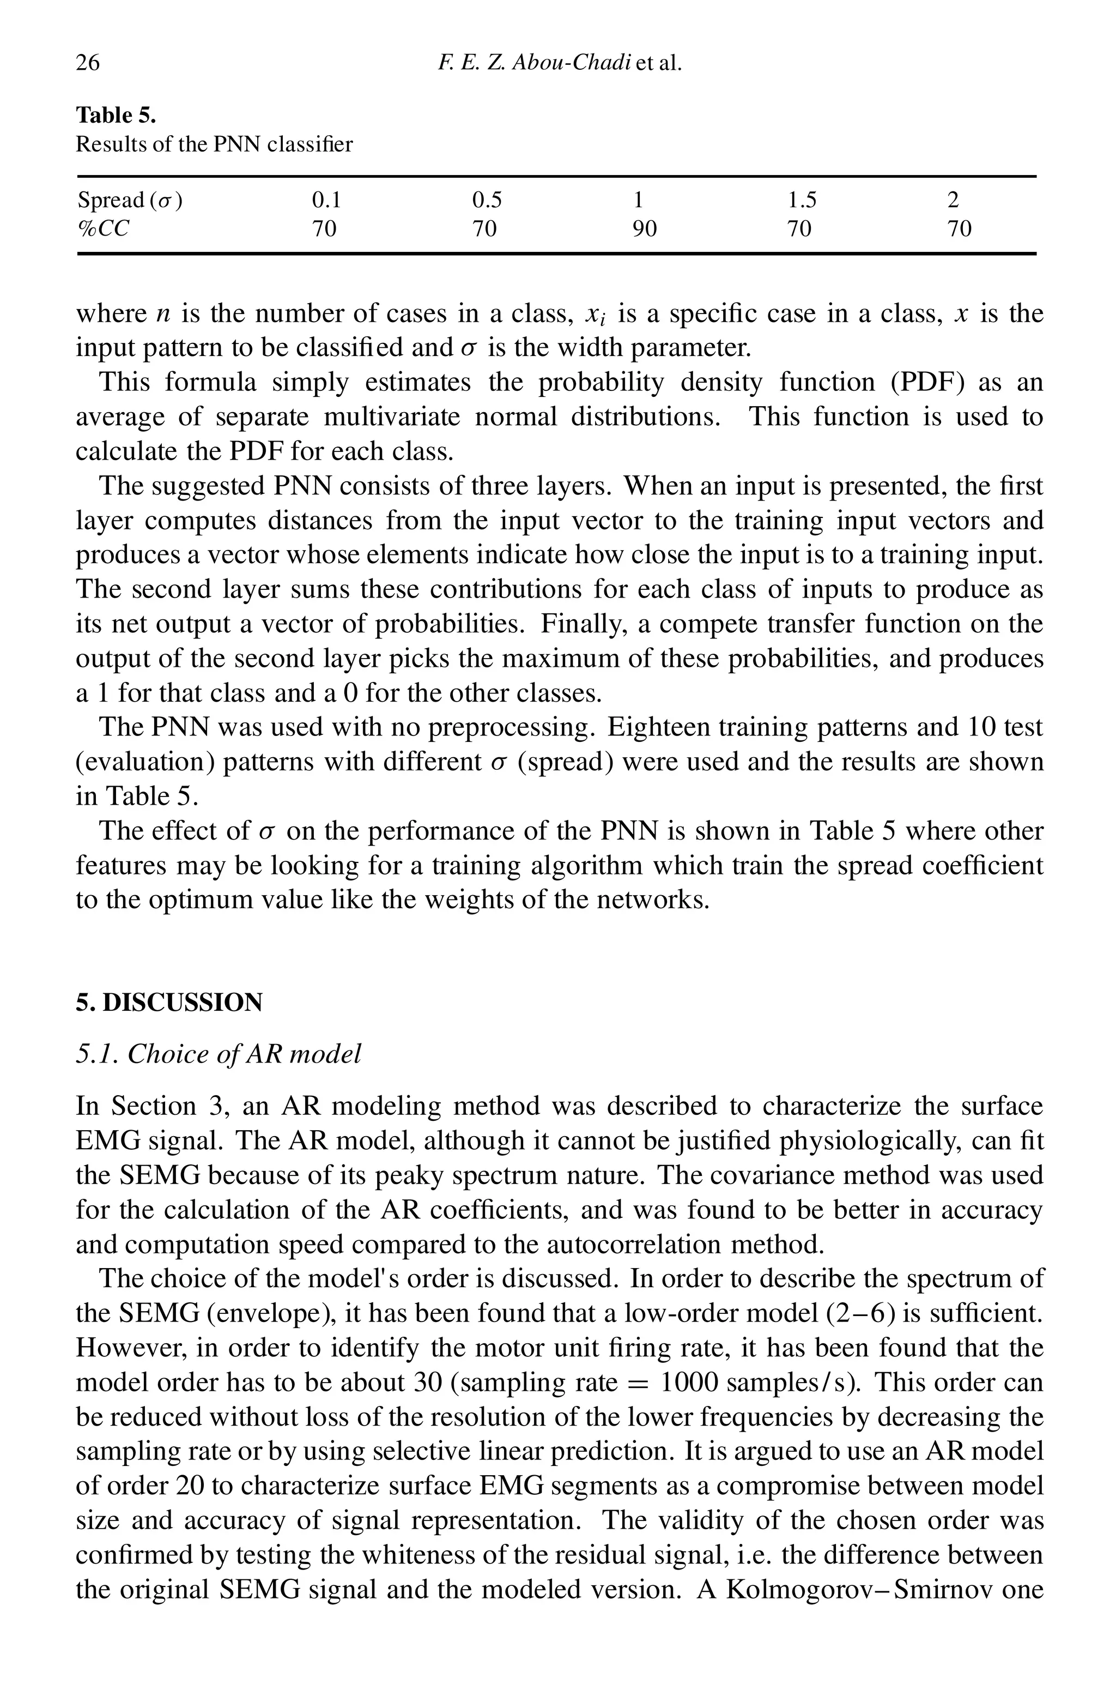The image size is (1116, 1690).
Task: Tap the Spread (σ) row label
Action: coord(130,201)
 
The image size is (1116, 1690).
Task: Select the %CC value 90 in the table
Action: coord(645,228)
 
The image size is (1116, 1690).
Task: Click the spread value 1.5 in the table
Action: coord(802,201)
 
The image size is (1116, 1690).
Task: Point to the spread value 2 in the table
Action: coord(953,201)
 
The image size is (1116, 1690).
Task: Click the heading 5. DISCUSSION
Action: coord(169,1003)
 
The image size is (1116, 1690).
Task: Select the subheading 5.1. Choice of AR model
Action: coord(219,1054)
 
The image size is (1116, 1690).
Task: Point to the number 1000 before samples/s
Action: coord(688,1383)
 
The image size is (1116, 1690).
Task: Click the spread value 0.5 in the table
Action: coord(487,201)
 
